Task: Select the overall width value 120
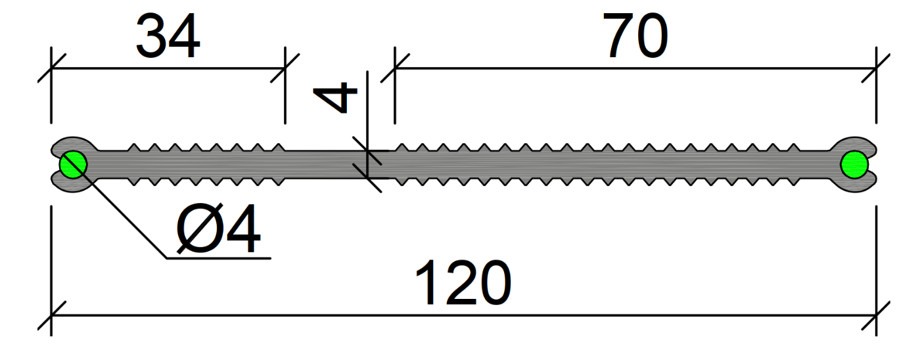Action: [x=463, y=284]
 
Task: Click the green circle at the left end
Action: [x=72, y=164]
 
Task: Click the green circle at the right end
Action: [x=854, y=164]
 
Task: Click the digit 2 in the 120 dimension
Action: [x=463, y=284]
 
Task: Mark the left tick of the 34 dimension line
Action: [x=51, y=68]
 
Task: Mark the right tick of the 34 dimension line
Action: [x=285, y=68]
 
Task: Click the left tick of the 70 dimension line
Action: [x=394, y=68]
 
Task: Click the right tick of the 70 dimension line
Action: [x=876, y=68]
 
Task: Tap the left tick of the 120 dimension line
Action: [x=51, y=315]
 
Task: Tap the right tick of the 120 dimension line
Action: [x=876, y=315]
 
